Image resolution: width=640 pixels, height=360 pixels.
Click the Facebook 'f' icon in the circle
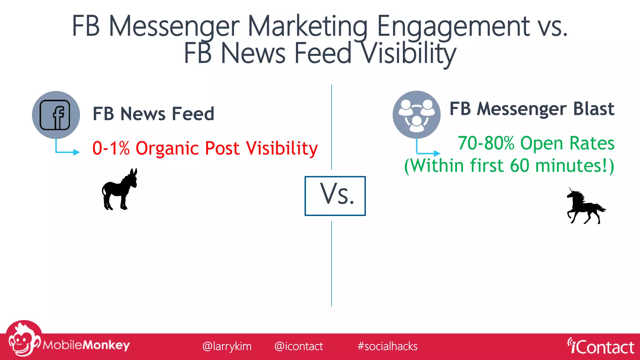[x=55, y=115]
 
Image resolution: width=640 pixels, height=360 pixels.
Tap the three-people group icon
[x=416, y=115]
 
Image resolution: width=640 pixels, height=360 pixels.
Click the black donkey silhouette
[x=120, y=190]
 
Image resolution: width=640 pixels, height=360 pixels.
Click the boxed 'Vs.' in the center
[x=335, y=196]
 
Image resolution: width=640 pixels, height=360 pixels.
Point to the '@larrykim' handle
[x=227, y=346]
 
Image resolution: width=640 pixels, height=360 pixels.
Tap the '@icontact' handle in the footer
[x=298, y=346]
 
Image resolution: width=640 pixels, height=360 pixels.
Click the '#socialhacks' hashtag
[x=387, y=346]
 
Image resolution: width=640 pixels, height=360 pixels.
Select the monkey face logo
[x=22, y=341]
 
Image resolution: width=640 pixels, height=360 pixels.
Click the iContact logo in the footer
[x=601, y=347]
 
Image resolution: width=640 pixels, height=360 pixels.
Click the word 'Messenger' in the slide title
[x=174, y=27]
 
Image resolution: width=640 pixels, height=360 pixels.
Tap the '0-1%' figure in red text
[x=111, y=148]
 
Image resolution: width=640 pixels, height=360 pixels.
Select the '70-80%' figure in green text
[x=486, y=143]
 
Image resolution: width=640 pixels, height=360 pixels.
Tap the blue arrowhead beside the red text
[x=76, y=152]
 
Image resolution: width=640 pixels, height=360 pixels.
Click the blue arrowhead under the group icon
[x=437, y=153]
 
